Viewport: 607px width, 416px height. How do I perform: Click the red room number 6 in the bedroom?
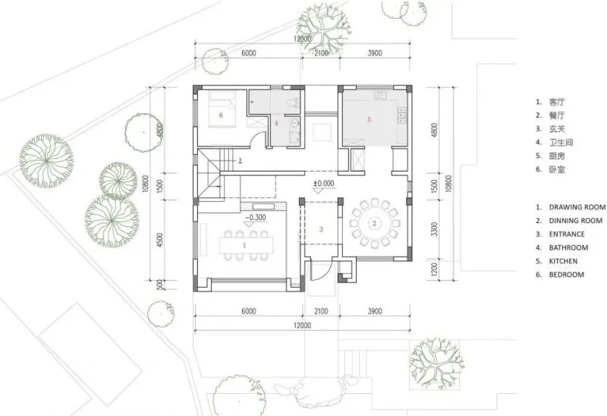coord(221,115)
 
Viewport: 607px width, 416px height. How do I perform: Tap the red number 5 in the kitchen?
coord(369,119)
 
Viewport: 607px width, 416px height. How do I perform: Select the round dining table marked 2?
coord(374,223)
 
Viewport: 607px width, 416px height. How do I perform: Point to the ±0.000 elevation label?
coord(324,183)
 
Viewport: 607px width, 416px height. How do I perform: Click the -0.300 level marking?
coord(255,218)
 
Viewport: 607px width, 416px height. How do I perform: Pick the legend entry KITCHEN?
coord(563,261)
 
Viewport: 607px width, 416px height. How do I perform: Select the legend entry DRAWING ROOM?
coord(577,207)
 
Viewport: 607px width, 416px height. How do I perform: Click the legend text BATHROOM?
coord(568,247)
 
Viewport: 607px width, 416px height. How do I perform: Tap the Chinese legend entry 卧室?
coord(557,169)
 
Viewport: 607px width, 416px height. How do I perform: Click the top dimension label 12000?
coord(302,39)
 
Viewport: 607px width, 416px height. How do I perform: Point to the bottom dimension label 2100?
coord(321,311)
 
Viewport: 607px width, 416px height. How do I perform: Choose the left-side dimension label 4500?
coord(160,240)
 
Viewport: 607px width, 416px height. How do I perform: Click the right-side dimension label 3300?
coord(434,230)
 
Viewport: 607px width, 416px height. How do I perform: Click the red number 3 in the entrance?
coord(321,229)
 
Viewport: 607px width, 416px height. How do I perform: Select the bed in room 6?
coord(222,109)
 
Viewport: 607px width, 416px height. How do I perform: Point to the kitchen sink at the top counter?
coord(379,95)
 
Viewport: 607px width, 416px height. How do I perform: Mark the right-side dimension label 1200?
coord(434,269)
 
